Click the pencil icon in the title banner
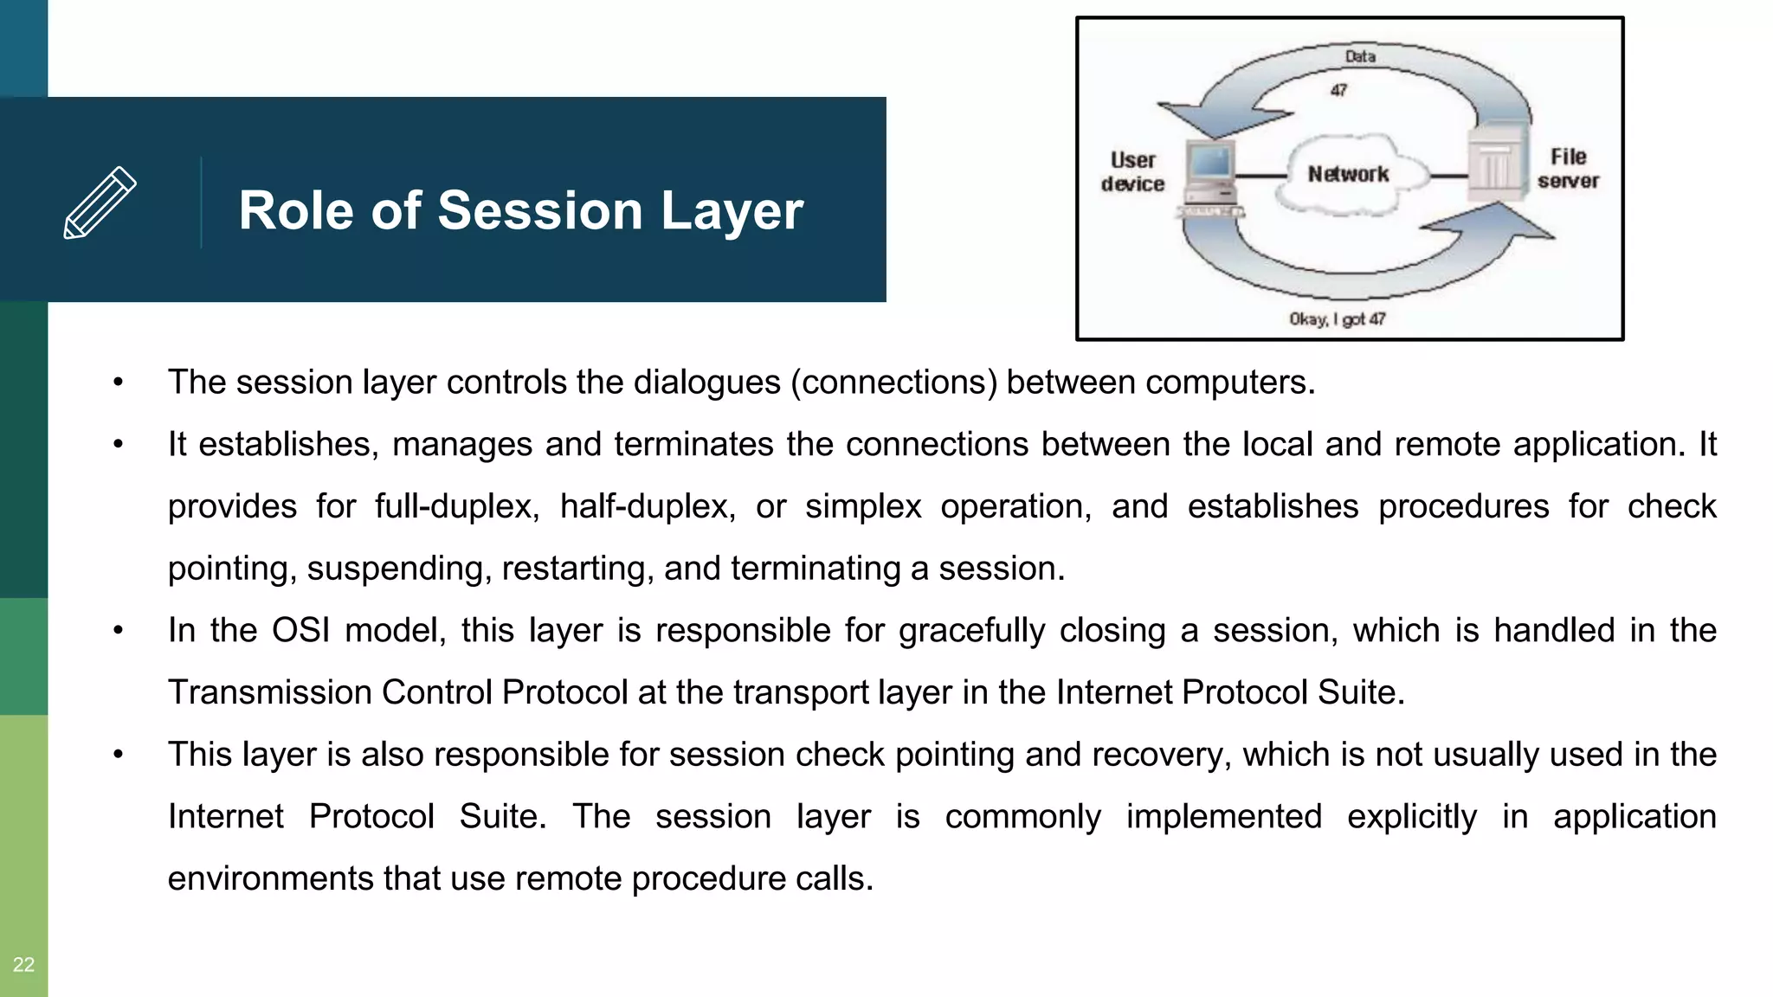tap(100, 203)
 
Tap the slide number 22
tap(23, 964)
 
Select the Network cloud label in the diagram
tap(1348, 175)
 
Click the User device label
tap(1132, 172)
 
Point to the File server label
tap(1568, 169)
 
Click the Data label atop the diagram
tap(1360, 56)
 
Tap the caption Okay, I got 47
tap(1338, 319)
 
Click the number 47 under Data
tap(1338, 90)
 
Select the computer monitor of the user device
tap(1211, 163)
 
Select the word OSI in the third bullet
tap(300, 630)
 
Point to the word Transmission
tap(268, 692)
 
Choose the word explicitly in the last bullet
tap(1412, 817)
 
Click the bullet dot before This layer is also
tap(119, 755)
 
